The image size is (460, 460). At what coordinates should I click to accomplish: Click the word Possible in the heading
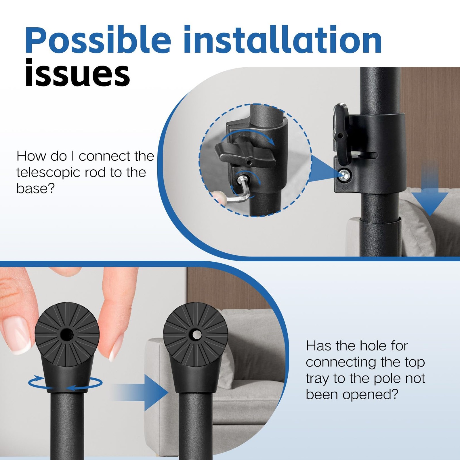tap(98, 40)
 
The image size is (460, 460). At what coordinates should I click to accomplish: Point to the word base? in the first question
tap(35, 188)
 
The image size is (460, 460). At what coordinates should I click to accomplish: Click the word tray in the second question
tap(318, 379)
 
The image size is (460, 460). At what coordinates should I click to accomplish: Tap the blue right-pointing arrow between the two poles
tap(141, 392)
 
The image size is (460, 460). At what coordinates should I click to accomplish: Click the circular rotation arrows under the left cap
tap(65, 383)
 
